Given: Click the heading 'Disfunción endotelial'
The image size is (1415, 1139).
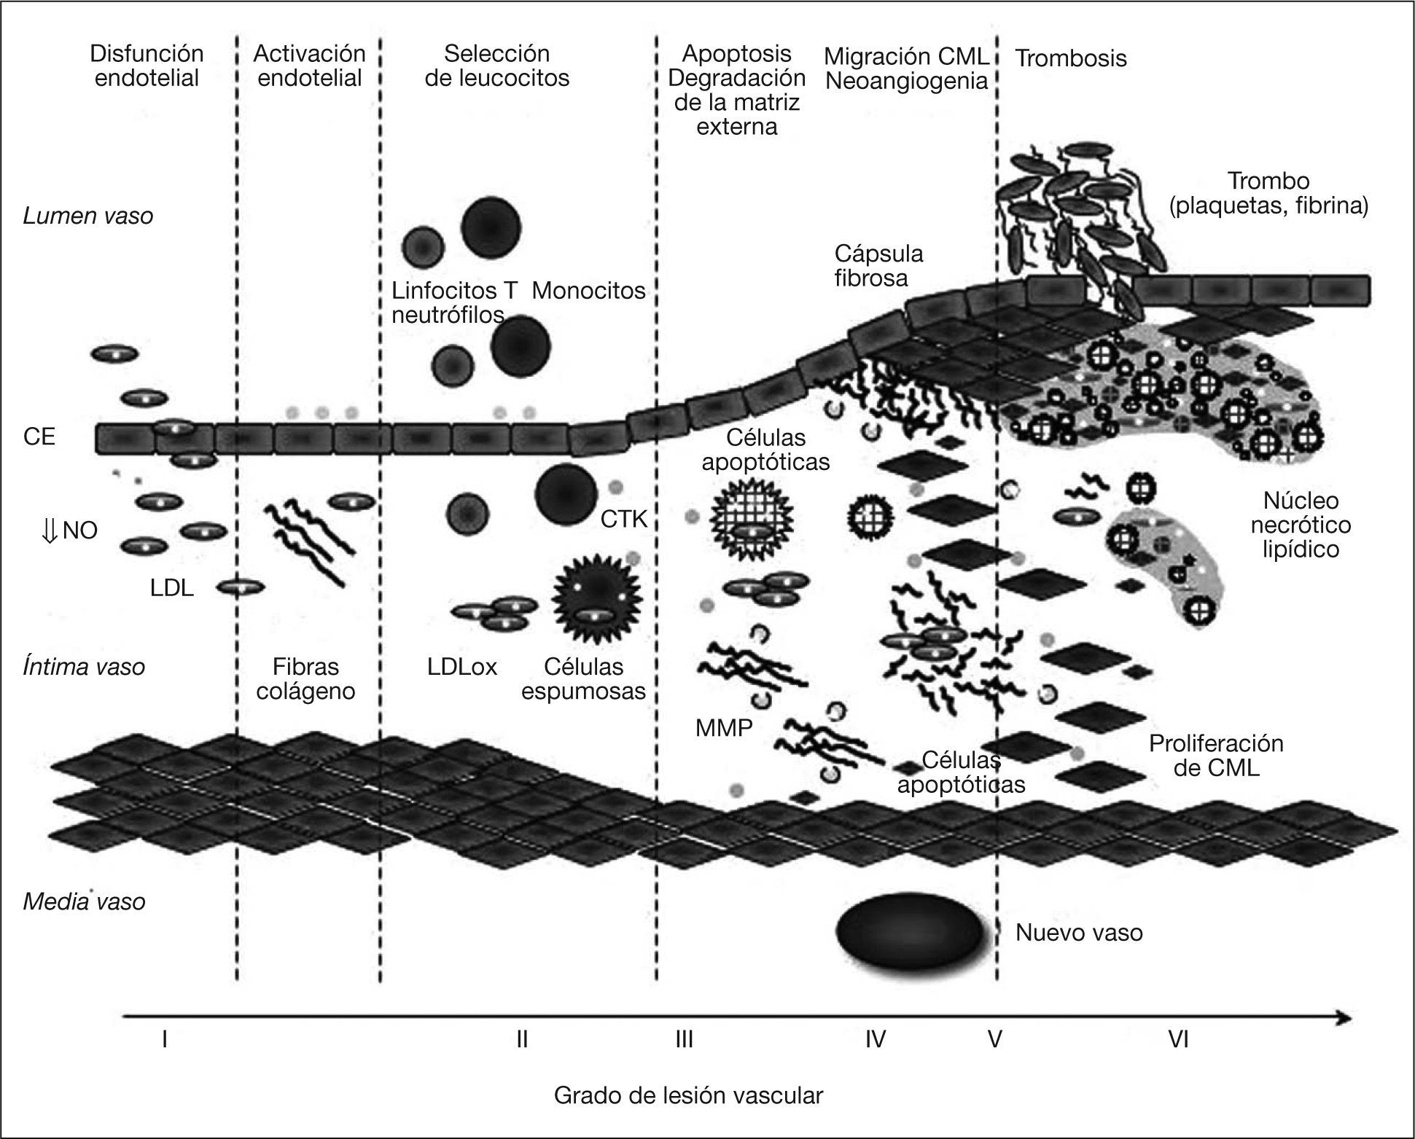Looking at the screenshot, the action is point(147,66).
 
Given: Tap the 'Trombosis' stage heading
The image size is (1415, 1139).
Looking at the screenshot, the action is point(1070,58).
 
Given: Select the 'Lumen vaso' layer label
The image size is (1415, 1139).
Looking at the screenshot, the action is point(88,216).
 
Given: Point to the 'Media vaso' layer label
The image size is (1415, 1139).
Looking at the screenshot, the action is point(84,901).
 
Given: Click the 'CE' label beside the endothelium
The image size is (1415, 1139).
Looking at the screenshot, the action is point(39,437).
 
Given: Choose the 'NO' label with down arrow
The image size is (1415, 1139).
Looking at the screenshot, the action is point(70,531).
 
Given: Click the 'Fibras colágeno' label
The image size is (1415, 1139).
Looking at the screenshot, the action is point(305,678).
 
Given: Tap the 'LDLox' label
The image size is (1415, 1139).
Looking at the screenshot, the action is point(462,667).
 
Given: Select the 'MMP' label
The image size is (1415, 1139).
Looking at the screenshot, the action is point(723,727).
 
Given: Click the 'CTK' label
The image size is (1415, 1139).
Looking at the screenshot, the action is point(624,520).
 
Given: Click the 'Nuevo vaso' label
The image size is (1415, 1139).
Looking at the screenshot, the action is point(1079,933).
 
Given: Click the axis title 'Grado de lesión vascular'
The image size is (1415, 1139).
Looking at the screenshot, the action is point(688,1095).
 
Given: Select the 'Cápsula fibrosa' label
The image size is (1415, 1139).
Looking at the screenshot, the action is point(878,266).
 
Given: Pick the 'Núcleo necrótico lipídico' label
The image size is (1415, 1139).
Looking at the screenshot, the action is point(1301,525).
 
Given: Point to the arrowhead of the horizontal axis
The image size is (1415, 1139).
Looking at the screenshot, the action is point(1349,1018).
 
